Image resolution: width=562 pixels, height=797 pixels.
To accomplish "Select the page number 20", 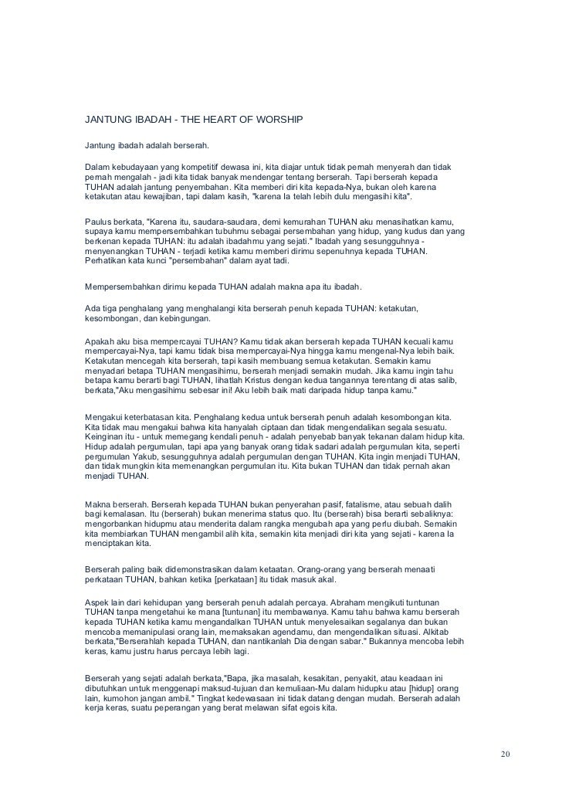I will (506, 754).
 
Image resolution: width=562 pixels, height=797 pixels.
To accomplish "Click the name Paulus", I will (99, 222).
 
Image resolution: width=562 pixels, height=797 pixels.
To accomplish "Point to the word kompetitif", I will (204, 167).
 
